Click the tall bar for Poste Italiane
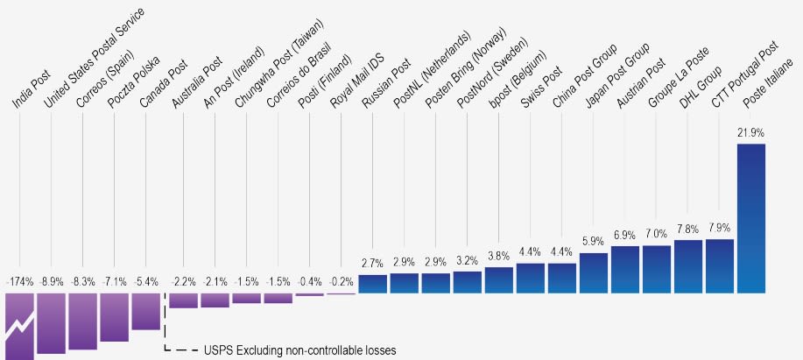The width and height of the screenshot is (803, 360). click(x=750, y=219)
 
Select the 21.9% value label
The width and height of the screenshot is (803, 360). click(x=750, y=132)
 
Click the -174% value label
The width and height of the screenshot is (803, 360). click(x=19, y=282)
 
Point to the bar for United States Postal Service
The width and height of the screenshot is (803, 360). click(x=51, y=323)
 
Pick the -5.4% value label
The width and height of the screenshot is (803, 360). click(x=145, y=282)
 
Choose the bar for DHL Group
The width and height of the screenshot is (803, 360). click(x=687, y=266)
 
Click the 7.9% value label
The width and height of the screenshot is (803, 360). click(x=719, y=228)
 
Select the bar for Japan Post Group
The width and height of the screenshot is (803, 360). click(x=593, y=273)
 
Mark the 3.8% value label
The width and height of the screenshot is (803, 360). click(x=498, y=256)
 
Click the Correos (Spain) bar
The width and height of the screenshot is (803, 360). click(x=82, y=321)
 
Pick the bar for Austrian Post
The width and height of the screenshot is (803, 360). click(x=624, y=270)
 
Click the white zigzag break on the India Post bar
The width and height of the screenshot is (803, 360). click(x=19, y=328)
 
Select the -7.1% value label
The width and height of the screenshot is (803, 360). click(x=114, y=282)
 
